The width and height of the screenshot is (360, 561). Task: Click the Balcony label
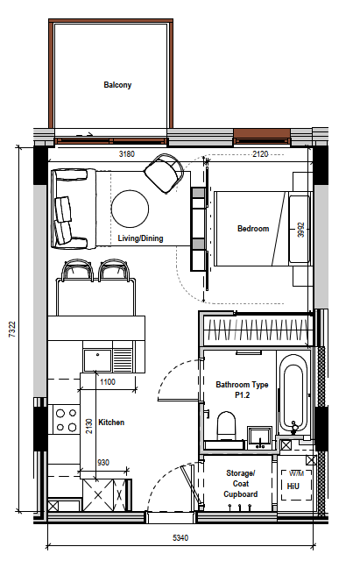pos(117,85)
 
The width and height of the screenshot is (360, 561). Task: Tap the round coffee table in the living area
pos(130,209)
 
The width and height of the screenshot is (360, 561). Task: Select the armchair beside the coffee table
pos(164,174)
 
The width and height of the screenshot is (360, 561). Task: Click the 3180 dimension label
pos(127,154)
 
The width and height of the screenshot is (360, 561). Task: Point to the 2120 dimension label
pos(260,154)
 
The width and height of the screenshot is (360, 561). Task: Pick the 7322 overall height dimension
pos(12,330)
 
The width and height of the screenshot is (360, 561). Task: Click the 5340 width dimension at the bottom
pos(180,537)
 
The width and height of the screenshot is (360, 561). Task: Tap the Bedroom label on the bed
pos(253,228)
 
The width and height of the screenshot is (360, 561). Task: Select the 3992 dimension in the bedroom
pos(301,230)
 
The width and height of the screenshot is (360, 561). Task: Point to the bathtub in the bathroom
pos(293,394)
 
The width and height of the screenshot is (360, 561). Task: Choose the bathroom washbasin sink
pos(260,437)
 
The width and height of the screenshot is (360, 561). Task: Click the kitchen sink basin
pos(97,360)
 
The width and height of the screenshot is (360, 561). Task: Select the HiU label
pos(293,486)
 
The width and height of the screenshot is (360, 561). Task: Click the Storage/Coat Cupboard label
pos(241,483)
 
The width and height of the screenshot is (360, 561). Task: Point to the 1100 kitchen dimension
pos(108,382)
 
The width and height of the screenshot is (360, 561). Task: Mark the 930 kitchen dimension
pos(103,463)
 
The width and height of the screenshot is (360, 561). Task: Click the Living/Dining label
pos(140,238)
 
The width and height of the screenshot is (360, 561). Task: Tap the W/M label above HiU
pos(296,473)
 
